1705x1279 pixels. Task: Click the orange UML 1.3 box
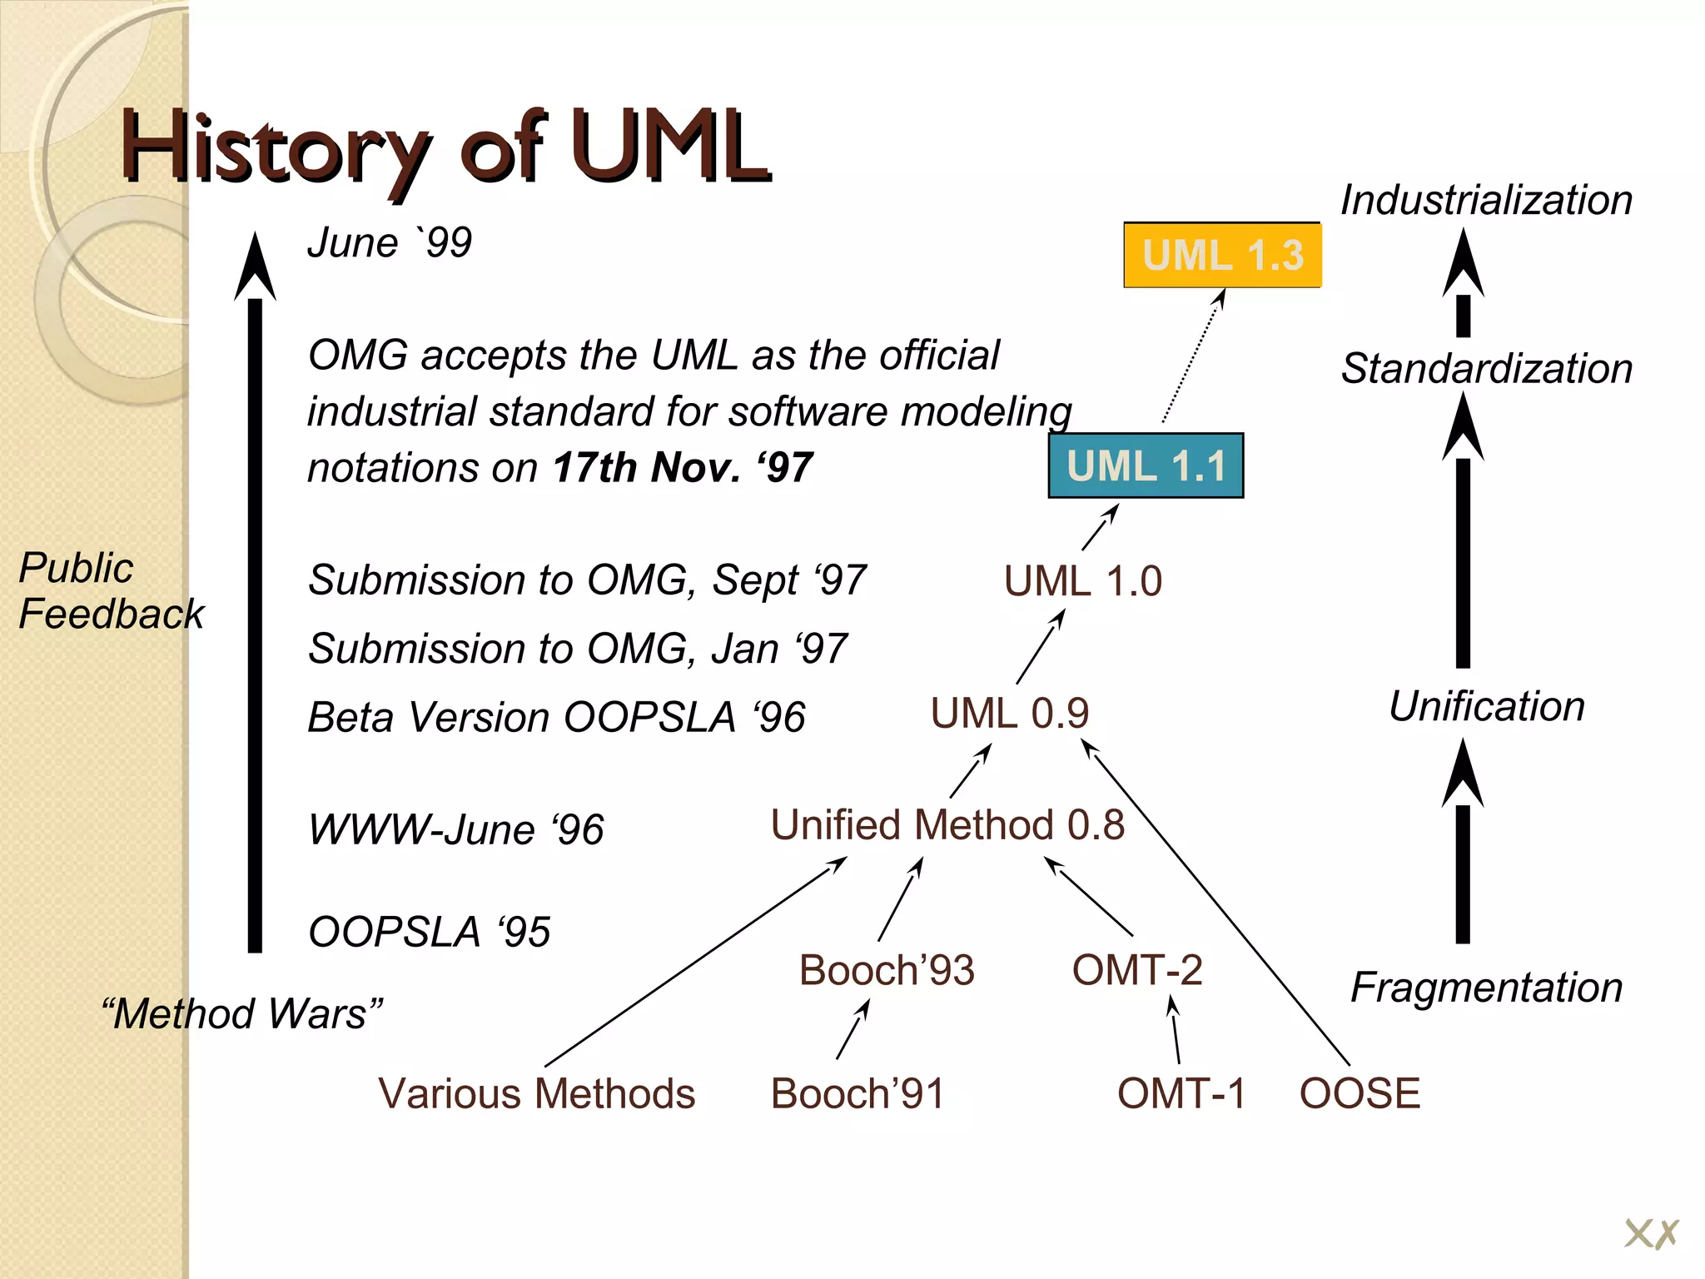pos(1222,255)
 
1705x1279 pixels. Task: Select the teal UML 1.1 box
pos(1146,465)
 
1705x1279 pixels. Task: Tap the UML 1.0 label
pos(1082,581)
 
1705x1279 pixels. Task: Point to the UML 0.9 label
pos(1009,714)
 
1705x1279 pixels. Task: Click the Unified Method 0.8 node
pos(947,825)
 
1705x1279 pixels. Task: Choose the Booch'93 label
pos(887,970)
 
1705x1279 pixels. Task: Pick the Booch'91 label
pos(857,1093)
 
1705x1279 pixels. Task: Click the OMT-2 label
pos(1137,970)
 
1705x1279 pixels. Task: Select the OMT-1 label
pos(1181,1093)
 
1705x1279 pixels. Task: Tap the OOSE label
pos(1360,1093)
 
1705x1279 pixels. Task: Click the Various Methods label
pos(536,1093)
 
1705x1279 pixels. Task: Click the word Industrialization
pos(1486,201)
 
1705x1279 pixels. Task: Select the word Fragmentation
pos(1486,988)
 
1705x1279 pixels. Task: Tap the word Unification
pos(1486,706)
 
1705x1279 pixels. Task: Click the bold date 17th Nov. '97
pos(683,467)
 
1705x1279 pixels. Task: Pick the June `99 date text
pos(390,243)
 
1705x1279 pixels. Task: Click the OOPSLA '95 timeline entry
pos(429,932)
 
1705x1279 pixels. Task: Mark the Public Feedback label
pos(110,590)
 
